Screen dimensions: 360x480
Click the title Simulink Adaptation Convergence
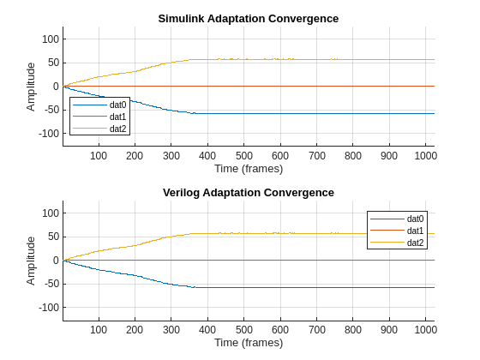click(249, 19)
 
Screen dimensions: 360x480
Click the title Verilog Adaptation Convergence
click(249, 193)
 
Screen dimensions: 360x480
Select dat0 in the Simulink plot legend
click(117, 105)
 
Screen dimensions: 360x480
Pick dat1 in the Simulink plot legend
click(117, 117)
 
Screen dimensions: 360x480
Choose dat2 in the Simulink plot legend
click(117, 129)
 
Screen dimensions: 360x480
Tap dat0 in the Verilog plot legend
click(416, 219)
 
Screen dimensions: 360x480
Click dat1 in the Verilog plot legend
click(416, 231)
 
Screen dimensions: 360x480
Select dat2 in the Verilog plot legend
click(416, 243)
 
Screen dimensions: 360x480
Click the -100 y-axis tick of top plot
click(47, 134)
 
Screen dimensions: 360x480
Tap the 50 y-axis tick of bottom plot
click(52, 237)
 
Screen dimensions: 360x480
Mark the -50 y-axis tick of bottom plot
click(50, 284)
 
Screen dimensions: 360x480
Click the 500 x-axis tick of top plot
click(244, 156)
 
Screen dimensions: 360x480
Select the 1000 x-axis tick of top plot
click(425, 156)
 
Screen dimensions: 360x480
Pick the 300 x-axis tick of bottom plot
click(171, 330)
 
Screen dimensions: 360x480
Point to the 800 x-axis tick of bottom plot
click(352, 330)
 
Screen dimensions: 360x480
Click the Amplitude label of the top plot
click(31, 86)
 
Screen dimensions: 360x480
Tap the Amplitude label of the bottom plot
click(31, 260)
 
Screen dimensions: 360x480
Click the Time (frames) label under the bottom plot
click(249, 343)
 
